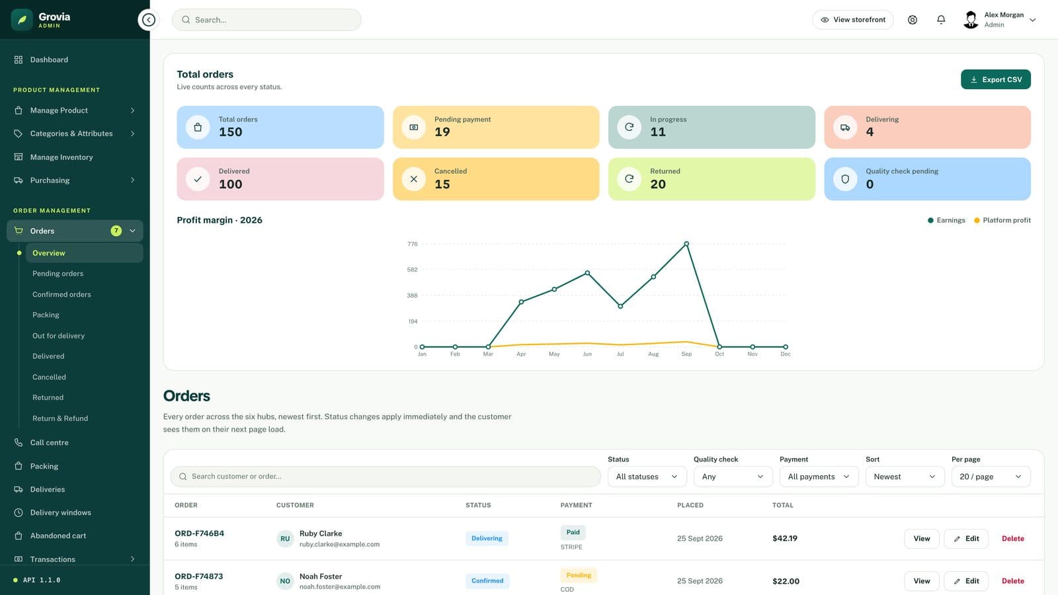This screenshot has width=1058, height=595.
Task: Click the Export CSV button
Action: (x=996, y=79)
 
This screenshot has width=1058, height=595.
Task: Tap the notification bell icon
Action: (x=941, y=19)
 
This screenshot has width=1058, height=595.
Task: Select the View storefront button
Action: (x=852, y=19)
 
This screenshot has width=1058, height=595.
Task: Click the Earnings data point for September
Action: (x=686, y=244)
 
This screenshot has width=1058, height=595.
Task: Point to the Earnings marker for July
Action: (x=620, y=306)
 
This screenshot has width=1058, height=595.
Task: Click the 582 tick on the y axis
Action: (x=412, y=270)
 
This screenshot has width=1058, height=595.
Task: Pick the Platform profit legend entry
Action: (x=1002, y=220)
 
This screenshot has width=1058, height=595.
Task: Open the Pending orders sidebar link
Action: (x=58, y=274)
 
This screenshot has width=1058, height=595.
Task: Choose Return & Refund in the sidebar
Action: (x=60, y=418)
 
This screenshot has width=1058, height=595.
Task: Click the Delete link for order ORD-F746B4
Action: (x=1012, y=538)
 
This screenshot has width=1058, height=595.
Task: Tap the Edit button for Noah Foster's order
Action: (x=966, y=581)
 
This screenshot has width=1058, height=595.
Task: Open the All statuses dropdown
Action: (x=647, y=477)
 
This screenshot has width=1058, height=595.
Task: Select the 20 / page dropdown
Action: (x=991, y=477)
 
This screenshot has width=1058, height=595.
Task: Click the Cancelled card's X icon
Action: (x=414, y=179)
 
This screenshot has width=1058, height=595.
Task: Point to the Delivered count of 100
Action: (x=231, y=184)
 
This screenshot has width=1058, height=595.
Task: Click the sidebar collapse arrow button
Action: (x=148, y=19)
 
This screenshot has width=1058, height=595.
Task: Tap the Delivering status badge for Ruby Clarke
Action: (x=487, y=538)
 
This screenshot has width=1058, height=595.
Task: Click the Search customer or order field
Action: (x=386, y=477)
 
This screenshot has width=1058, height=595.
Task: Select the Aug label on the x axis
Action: (x=653, y=354)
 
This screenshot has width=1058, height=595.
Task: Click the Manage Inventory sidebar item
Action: (x=61, y=157)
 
